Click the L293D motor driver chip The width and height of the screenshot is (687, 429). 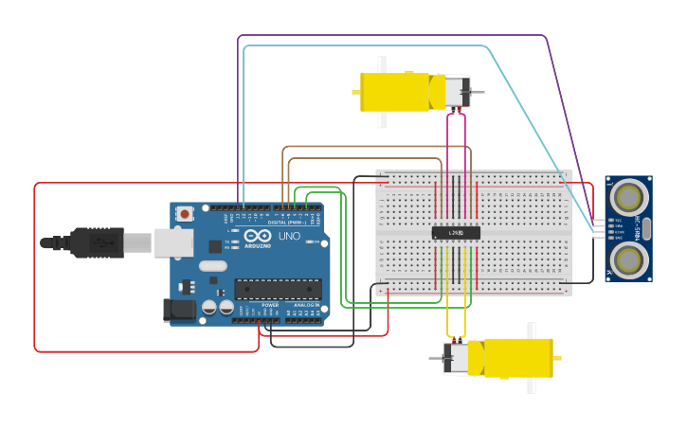(456, 233)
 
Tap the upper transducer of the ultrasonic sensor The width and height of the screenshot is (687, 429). (628, 197)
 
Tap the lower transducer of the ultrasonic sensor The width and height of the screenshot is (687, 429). (628, 259)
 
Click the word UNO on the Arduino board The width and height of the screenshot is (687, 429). (289, 236)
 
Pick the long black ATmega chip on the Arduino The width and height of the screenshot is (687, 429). (278, 289)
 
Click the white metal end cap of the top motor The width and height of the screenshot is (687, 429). (456, 92)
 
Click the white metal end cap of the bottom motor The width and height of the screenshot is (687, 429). (456, 358)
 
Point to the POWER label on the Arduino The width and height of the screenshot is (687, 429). (270, 304)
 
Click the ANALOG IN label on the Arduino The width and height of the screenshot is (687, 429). (305, 304)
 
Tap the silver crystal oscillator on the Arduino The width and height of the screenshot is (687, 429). (213, 266)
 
